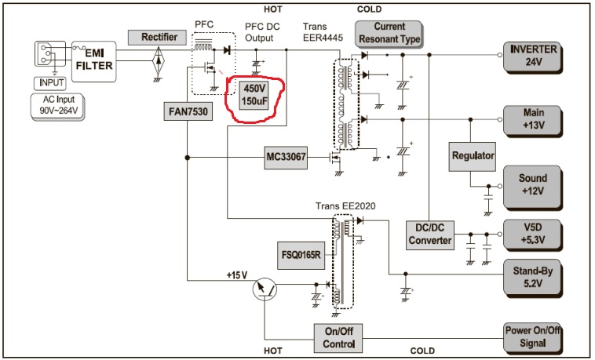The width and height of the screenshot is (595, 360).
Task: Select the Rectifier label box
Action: (159, 37)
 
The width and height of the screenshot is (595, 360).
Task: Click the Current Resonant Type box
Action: (389, 33)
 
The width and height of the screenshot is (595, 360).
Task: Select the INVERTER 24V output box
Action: (534, 56)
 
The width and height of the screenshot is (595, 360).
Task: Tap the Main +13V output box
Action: (534, 120)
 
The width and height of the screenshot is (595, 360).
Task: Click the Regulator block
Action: (473, 156)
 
